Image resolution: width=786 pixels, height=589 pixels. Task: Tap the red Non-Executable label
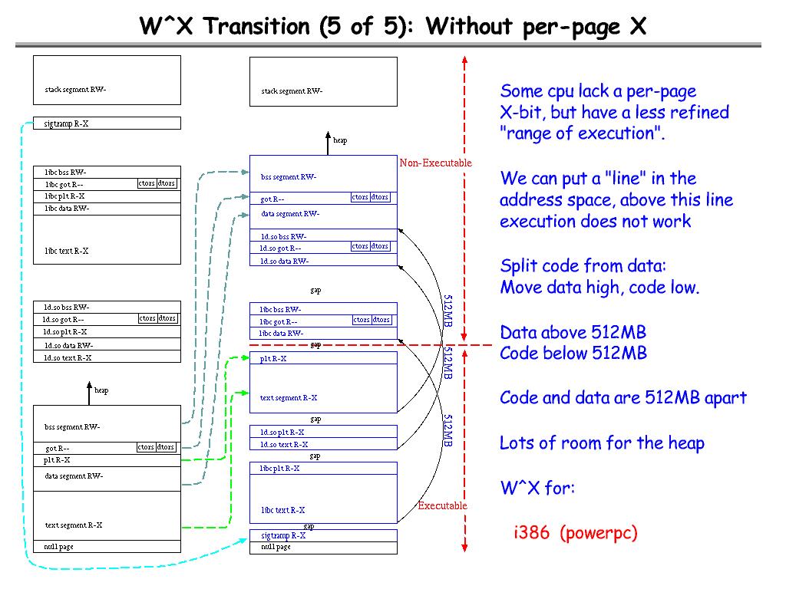(x=435, y=163)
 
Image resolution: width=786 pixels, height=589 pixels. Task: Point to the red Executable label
(x=442, y=505)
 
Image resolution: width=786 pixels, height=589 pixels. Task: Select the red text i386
(x=531, y=533)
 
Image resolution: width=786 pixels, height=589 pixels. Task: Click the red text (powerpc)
(x=599, y=533)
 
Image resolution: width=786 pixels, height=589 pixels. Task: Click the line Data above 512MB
(x=573, y=332)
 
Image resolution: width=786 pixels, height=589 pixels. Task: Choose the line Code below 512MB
(x=573, y=353)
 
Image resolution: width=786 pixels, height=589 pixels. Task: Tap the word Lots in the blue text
(x=517, y=443)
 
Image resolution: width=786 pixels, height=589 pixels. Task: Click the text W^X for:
(x=537, y=488)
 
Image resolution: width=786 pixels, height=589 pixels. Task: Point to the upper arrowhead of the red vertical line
(x=464, y=61)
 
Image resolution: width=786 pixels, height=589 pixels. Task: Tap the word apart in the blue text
(x=725, y=398)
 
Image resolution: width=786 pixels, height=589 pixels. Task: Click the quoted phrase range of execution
(x=581, y=133)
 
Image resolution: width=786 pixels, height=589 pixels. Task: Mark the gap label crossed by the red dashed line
(x=315, y=345)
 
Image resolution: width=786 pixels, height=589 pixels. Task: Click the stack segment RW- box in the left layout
(x=107, y=80)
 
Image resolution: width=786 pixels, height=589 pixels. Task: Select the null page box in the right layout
(x=323, y=548)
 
